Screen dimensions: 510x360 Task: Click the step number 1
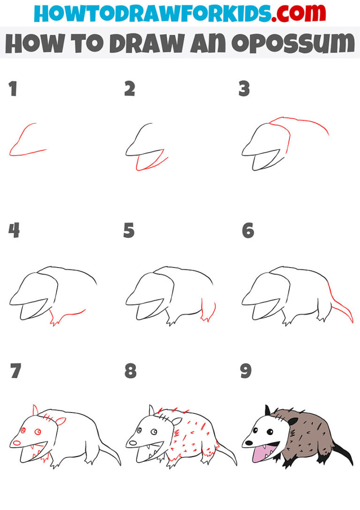coord(13,89)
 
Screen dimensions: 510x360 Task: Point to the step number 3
coord(244,89)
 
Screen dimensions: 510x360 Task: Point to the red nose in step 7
coord(16,442)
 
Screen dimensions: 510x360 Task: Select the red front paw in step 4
coord(55,321)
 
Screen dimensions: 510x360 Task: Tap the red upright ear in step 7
coord(35,411)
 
